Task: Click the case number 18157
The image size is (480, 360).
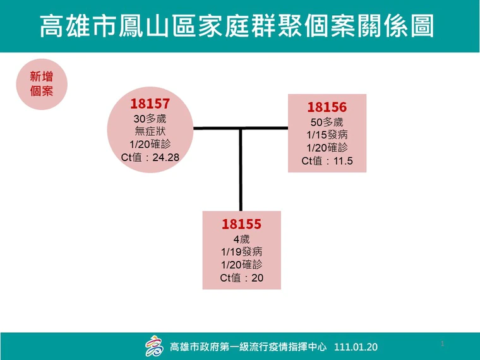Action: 150,104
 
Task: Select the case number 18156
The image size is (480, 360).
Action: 327,107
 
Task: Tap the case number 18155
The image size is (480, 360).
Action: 241,224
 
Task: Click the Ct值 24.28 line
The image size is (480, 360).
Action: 150,157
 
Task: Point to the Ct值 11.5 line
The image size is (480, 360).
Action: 327,160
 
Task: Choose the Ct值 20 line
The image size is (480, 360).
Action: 241,278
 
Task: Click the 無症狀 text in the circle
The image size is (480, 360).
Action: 150,131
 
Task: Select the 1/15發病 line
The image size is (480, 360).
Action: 327,135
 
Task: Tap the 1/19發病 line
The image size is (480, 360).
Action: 241,251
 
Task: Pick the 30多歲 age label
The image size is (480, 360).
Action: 150,119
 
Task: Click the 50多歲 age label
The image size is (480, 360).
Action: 327,122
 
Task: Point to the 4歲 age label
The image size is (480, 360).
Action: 241,239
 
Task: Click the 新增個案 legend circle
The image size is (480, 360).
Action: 42,84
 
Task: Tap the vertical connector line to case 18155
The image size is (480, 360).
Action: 241,170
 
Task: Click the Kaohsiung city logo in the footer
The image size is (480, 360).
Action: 154,346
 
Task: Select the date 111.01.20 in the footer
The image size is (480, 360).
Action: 356,347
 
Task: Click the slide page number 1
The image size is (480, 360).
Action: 442,344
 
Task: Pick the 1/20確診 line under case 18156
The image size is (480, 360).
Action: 327,148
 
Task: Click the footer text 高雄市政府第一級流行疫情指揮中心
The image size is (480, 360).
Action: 248,347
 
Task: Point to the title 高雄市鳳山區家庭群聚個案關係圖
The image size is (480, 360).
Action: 237,26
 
